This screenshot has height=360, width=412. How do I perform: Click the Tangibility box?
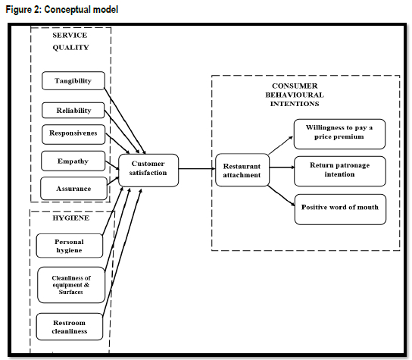coord(73,81)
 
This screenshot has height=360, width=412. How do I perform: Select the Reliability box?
coord(73,111)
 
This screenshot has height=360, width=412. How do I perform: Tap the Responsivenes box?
coord(73,134)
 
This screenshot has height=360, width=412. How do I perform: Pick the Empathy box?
coord(73,161)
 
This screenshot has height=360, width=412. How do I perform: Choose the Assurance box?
coord(73,189)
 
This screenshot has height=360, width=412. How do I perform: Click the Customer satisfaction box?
coord(148,170)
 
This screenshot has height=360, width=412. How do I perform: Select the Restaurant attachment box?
coord(242,170)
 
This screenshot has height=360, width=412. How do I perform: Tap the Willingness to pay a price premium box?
coord(339,134)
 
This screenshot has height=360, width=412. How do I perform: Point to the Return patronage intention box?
coord(340,171)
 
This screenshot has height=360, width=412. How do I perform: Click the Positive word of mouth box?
coord(340,209)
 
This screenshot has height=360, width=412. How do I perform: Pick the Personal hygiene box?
coord(70,246)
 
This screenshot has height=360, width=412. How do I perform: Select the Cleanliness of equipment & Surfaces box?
coord(71,285)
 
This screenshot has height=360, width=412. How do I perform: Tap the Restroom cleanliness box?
coord(70,327)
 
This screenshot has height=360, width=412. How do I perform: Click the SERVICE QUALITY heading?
coord(70,41)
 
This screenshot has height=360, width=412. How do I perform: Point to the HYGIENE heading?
coord(71,218)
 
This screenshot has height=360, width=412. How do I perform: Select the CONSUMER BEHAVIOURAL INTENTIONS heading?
coord(295,95)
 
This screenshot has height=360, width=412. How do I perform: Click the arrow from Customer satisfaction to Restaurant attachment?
coord(197,168)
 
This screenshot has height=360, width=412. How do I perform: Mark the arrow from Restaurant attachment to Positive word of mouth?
coord(281,196)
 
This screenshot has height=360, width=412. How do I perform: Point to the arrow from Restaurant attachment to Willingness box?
coord(281,146)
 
